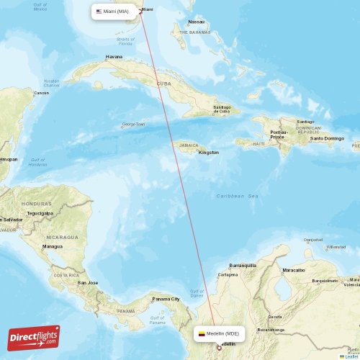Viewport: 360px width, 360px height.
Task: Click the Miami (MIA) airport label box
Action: (114, 11)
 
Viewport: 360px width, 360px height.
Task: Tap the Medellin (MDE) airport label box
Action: (220, 334)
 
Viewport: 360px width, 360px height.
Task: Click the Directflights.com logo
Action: (34, 336)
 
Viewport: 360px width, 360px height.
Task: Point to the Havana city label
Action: (114, 56)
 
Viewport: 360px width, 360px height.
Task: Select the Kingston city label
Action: (209, 153)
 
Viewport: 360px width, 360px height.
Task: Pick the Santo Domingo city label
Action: (327, 138)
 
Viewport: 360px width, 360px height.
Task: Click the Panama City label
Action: (166, 299)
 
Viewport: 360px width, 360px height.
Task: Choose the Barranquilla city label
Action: (243, 265)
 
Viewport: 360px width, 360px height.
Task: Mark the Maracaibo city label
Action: (293, 270)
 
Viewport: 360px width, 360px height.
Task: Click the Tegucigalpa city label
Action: (40, 213)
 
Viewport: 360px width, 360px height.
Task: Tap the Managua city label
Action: (52, 246)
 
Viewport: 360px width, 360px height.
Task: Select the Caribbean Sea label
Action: (237, 196)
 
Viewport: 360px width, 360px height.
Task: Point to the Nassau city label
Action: (196, 22)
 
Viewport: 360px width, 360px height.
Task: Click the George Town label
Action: (133, 124)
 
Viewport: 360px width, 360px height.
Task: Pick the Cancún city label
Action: (42, 93)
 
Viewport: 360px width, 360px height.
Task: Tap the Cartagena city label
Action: (228, 274)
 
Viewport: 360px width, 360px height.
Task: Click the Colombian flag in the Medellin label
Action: (202, 334)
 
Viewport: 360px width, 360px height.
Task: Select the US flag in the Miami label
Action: (99, 11)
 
